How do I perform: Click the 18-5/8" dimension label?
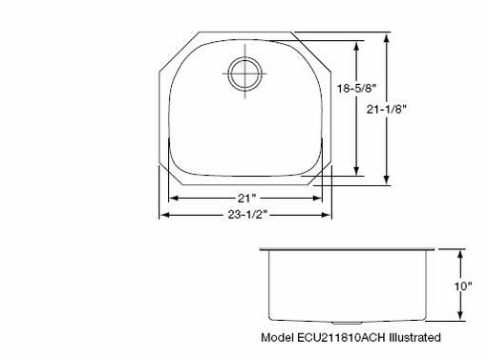click(357, 88)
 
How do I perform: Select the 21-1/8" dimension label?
click(387, 110)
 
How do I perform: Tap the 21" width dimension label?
click(246, 199)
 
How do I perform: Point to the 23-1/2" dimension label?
click(247, 215)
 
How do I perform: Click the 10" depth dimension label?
click(463, 286)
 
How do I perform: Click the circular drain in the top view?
click(244, 74)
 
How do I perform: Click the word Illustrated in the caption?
click(415, 337)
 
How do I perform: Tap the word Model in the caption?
click(278, 337)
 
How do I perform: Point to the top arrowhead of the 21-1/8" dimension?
click(387, 38)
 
